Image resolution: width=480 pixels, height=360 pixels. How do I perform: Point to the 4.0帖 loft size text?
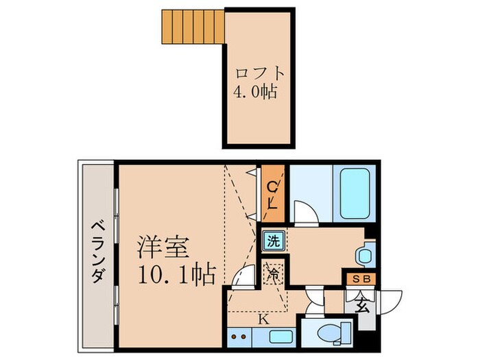pos(256,91)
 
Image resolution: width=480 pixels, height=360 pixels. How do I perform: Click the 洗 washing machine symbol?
pos(274,241)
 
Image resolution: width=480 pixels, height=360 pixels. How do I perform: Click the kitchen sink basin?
pos(281,337)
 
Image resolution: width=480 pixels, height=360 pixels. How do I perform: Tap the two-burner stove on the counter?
pos(241,337)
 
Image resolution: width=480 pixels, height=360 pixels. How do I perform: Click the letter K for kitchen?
pos(263,318)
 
